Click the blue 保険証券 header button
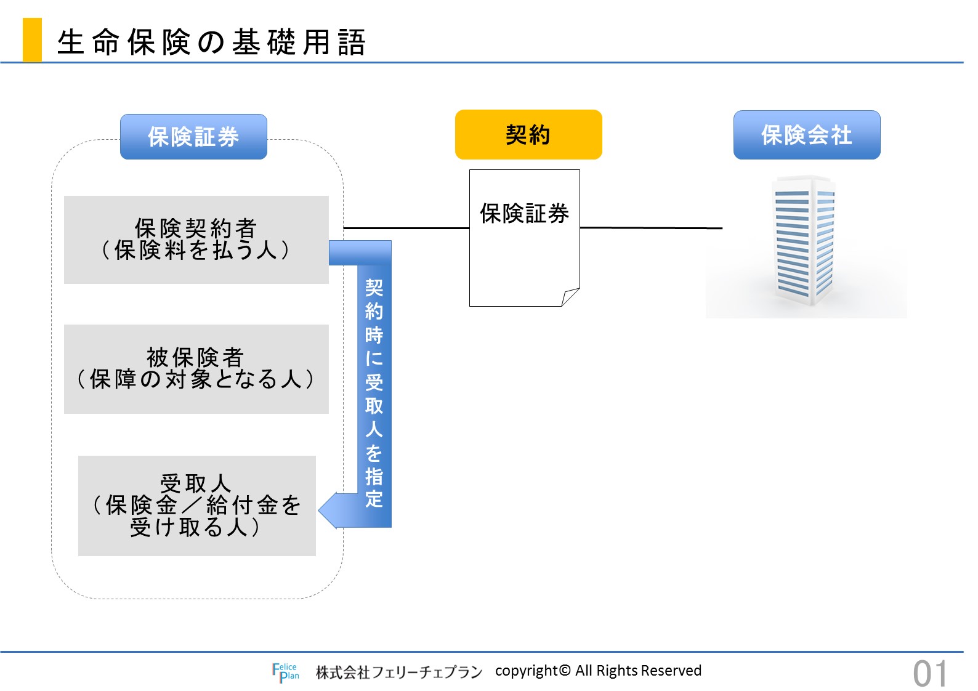point(193,137)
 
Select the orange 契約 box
point(528,134)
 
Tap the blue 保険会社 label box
point(807,135)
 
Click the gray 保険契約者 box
point(196,240)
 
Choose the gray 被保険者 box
point(196,369)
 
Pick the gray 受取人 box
point(197,506)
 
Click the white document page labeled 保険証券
point(524,238)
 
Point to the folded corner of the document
point(570,297)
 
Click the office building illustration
point(806,241)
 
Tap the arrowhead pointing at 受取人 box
point(328,511)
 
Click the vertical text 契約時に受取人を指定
point(374,393)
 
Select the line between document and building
point(652,227)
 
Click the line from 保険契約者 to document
point(406,227)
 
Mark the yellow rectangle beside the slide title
point(32,39)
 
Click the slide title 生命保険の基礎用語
point(211,42)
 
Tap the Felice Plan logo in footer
point(286,673)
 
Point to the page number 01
point(930,674)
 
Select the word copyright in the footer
point(527,671)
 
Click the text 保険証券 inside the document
point(524,214)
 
